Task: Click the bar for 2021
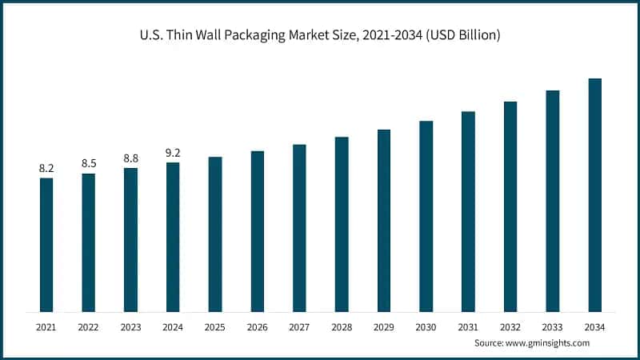(x=46, y=245)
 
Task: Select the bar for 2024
(x=173, y=237)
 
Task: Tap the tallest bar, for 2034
(x=594, y=195)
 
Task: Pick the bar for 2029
(x=384, y=221)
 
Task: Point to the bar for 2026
(x=257, y=231)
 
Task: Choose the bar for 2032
(x=510, y=206)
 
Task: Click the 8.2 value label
(x=46, y=168)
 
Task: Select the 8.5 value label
(x=89, y=163)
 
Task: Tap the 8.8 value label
(x=130, y=158)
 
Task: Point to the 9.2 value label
(x=173, y=152)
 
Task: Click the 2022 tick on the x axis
(x=89, y=327)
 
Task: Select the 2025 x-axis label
(x=215, y=327)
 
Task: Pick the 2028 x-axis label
(x=342, y=327)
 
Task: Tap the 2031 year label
(x=468, y=327)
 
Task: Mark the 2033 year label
(x=552, y=327)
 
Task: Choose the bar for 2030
(x=426, y=216)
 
